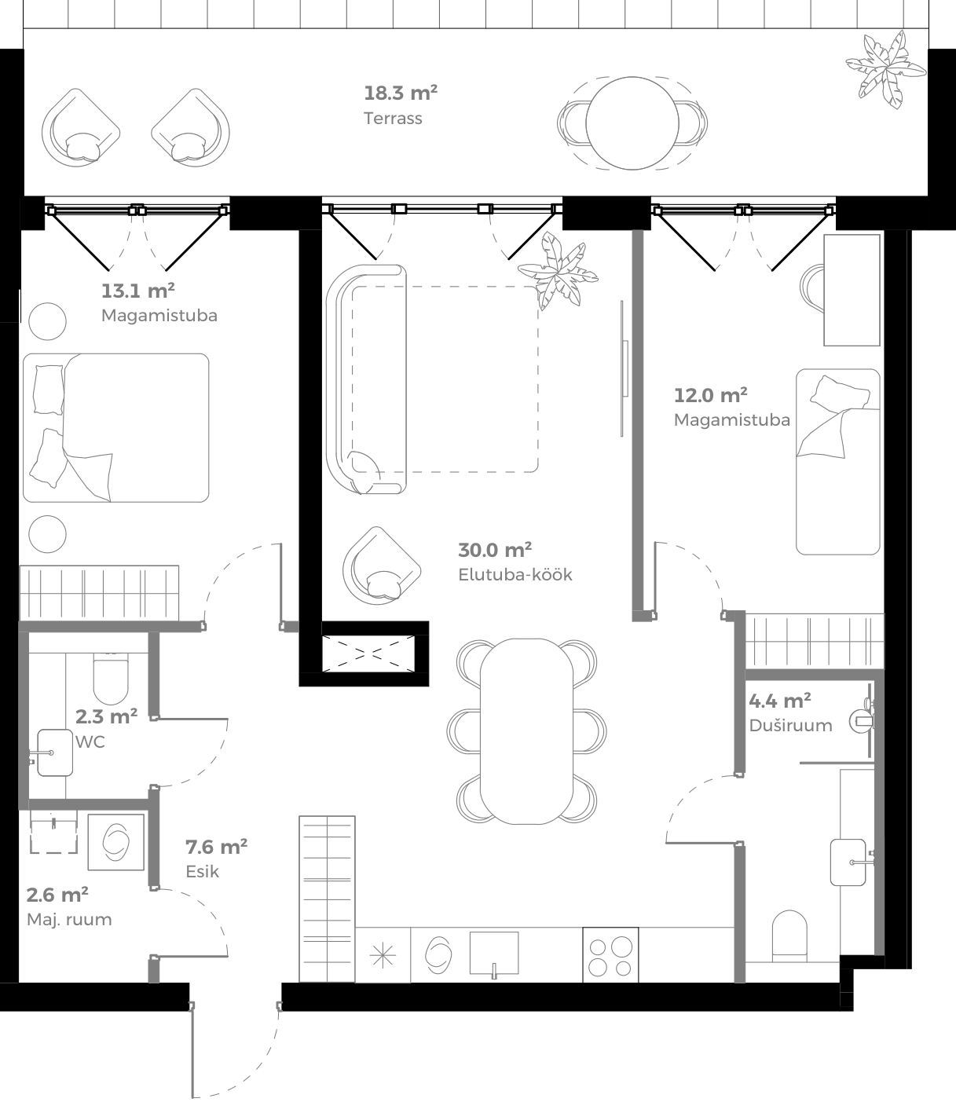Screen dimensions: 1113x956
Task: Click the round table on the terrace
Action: click(x=632, y=123)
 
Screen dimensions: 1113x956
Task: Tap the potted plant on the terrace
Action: click(x=885, y=69)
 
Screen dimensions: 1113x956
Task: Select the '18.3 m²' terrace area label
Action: click(x=400, y=93)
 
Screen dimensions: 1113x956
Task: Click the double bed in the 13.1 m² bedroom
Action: click(x=116, y=427)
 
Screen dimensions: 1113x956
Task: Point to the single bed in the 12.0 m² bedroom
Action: click(x=837, y=462)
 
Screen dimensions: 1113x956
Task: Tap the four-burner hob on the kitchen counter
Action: click(x=610, y=955)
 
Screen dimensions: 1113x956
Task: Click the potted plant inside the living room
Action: click(x=559, y=270)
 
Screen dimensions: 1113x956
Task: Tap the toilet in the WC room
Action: click(x=111, y=678)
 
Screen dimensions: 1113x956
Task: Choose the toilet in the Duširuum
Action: click(x=789, y=935)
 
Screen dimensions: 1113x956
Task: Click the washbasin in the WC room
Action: click(x=53, y=752)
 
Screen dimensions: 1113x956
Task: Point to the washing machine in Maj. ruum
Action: click(x=115, y=842)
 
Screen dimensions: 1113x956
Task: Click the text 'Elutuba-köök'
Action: click(x=515, y=574)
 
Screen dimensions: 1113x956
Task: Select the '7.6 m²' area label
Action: click(x=216, y=847)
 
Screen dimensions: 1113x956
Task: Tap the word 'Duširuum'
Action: click(x=790, y=725)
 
